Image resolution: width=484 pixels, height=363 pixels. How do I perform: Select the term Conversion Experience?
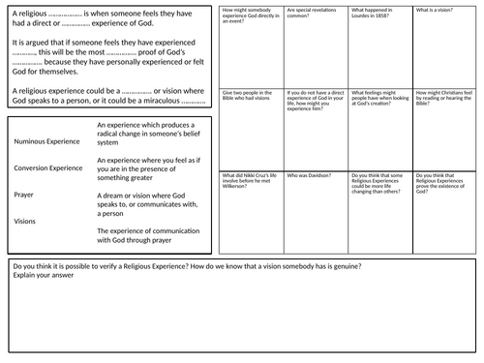(48, 167)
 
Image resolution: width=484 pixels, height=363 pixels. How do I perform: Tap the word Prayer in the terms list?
(24, 194)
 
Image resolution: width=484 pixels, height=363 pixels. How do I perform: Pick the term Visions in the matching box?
(25, 220)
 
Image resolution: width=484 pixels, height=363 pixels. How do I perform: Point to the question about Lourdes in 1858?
(370, 13)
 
